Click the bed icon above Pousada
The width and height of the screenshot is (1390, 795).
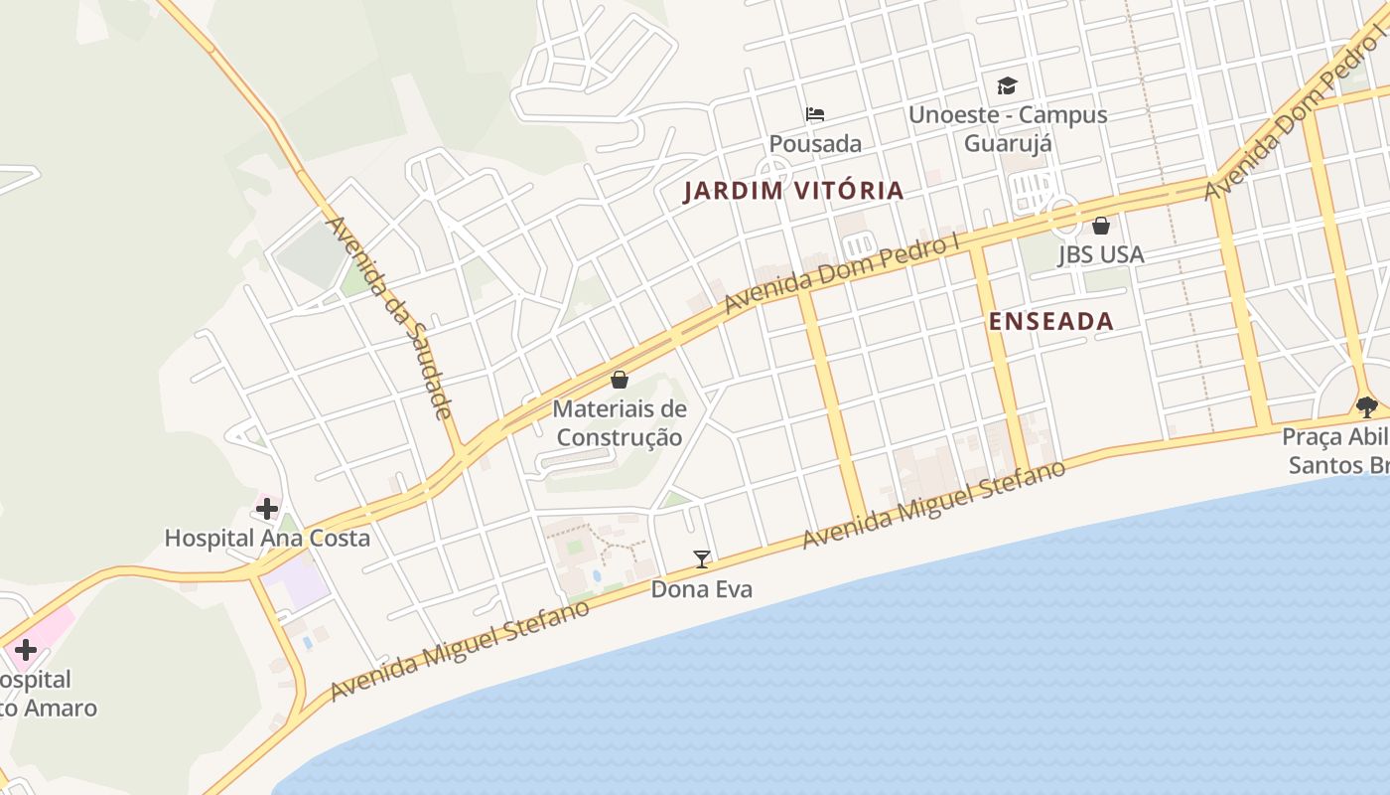pos(815,113)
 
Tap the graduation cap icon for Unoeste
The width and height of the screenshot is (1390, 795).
pos(1008,85)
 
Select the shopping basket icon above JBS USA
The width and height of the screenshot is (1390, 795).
pos(1100,226)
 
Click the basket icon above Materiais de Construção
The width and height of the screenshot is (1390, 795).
pos(620,380)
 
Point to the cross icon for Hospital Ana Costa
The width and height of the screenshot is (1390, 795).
pos(266,509)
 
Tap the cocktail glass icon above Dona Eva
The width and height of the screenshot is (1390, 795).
pos(702,559)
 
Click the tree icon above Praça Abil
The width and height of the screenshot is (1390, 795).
pos(1367,406)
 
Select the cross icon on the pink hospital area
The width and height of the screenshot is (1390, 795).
pos(25,651)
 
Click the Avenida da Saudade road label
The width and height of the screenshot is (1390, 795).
pos(390,317)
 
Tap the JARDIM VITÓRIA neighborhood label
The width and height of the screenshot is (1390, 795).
pos(793,191)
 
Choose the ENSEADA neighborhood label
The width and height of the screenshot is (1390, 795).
pos(1051,321)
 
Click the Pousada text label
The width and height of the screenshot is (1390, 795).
pos(815,144)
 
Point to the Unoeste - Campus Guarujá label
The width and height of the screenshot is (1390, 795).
pos(1008,128)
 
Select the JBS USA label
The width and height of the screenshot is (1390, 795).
pos(1101,254)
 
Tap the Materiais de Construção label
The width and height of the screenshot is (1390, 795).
pos(620,422)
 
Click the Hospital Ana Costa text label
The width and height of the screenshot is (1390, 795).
pos(267,539)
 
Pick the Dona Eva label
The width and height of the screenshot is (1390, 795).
pos(702,589)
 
